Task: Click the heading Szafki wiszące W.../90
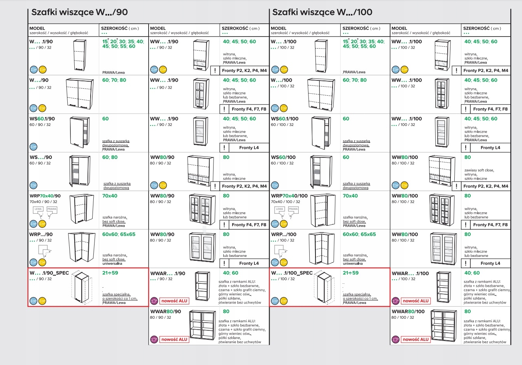click(79, 12)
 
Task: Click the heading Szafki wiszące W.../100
click(322, 12)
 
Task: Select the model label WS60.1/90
click(42, 119)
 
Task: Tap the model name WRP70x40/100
click(289, 196)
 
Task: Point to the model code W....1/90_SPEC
click(49, 273)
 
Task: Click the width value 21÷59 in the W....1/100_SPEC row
click(350, 273)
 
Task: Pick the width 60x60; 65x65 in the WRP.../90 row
click(119, 234)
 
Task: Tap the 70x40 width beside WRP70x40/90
click(110, 196)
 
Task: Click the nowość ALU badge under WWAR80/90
click(174, 339)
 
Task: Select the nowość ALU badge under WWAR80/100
click(415, 339)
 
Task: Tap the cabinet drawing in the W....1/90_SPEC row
click(82, 287)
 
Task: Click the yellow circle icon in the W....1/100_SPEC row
click(284, 301)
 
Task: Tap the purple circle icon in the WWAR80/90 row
click(154, 339)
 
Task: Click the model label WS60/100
click(283, 157)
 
